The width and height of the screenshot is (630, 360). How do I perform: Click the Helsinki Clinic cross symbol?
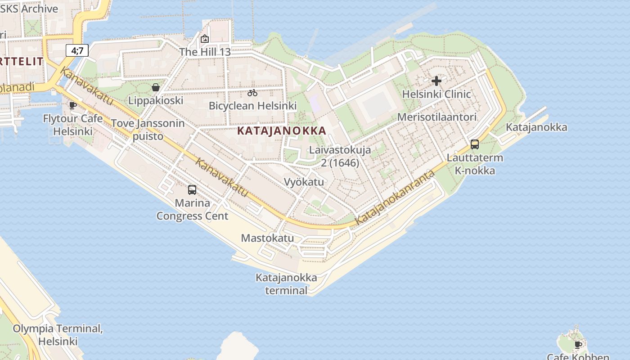pyautogui.click(x=436, y=81)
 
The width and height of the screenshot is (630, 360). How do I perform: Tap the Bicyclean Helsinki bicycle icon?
pyautogui.click(x=252, y=93)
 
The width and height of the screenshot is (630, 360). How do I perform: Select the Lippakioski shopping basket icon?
pyautogui.click(x=156, y=87)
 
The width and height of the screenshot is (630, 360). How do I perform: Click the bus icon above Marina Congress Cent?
pyautogui.click(x=192, y=189)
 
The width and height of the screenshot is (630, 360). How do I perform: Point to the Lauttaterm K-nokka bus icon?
pyautogui.click(x=475, y=144)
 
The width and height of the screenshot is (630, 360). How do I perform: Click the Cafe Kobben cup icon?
pyautogui.click(x=578, y=345)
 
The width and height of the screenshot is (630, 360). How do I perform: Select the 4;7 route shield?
pyautogui.click(x=77, y=50)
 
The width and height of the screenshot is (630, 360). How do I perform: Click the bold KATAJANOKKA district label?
pyautogui.click(x=281, y=131)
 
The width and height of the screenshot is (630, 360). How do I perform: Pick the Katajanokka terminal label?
pyautogui.click(x=286, y=284)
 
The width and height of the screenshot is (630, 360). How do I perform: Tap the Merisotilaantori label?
pyautogui.click(x=436, y=117)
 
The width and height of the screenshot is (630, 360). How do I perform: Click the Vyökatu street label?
pyautogui.click(x=304, y=182)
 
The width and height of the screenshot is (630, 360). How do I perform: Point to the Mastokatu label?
pyautogui.click(x=267, y=238)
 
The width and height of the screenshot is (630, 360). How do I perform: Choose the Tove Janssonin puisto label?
pyautogui.click(x=148, y=130)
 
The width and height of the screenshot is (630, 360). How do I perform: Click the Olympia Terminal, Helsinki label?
pyautogui.click(x=58, y=335)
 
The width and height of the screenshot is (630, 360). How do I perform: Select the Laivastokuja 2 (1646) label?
pyautogui.click(x=340, y=156)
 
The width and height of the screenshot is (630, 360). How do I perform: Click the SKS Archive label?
pyautogui.click(x=29, y=9)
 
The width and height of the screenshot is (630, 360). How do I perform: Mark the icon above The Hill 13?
pyautogui.click(x=205, y=39)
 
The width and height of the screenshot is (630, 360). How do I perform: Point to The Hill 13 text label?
pyautogui.click(x=205, y=52)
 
